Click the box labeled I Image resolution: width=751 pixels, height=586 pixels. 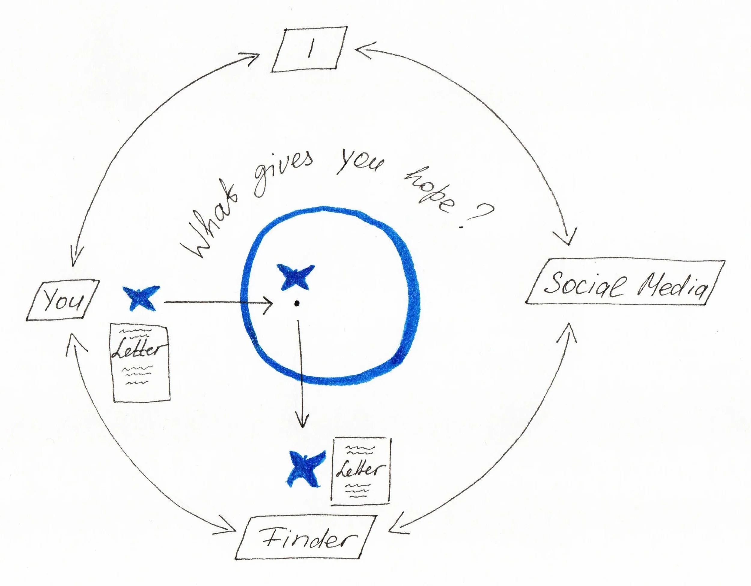click(309, 50)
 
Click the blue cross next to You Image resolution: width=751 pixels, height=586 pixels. click(141, 298)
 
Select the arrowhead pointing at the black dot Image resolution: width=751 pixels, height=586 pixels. click(268, 304)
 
